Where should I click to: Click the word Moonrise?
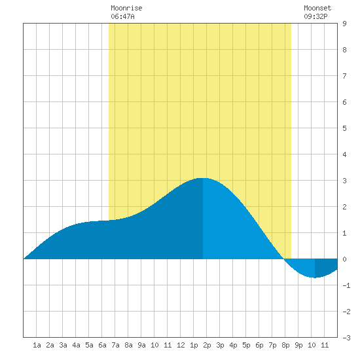(x=126, y=8)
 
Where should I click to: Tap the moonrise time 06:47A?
(x=122, y=16)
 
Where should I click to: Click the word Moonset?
(x=317, y=8)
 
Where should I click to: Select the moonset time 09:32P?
(x=315, y=16)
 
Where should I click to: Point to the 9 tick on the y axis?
(x=344, y=24)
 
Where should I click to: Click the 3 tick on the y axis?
(x=344, y=181)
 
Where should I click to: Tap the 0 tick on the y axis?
(x=344, y=259)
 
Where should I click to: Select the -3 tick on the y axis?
(x=346, y=338)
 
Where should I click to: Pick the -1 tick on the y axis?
(x=346, y=285)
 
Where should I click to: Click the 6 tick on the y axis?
(x=344, y=102)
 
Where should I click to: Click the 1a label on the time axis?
(x=37, y=345)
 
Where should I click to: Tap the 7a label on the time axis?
(x=115, y=345)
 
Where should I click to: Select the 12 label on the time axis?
(x=181, y=345)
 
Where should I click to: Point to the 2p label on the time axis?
(x=207, y=345)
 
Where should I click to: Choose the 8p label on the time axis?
(x=285, y=345)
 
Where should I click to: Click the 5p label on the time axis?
(x=246, y=345)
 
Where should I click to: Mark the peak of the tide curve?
(x=203, y=178)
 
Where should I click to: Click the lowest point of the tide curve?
(x=315, y=278)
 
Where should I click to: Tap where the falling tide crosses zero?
(x=284, y=259)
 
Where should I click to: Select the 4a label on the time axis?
(x=76, y=345)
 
